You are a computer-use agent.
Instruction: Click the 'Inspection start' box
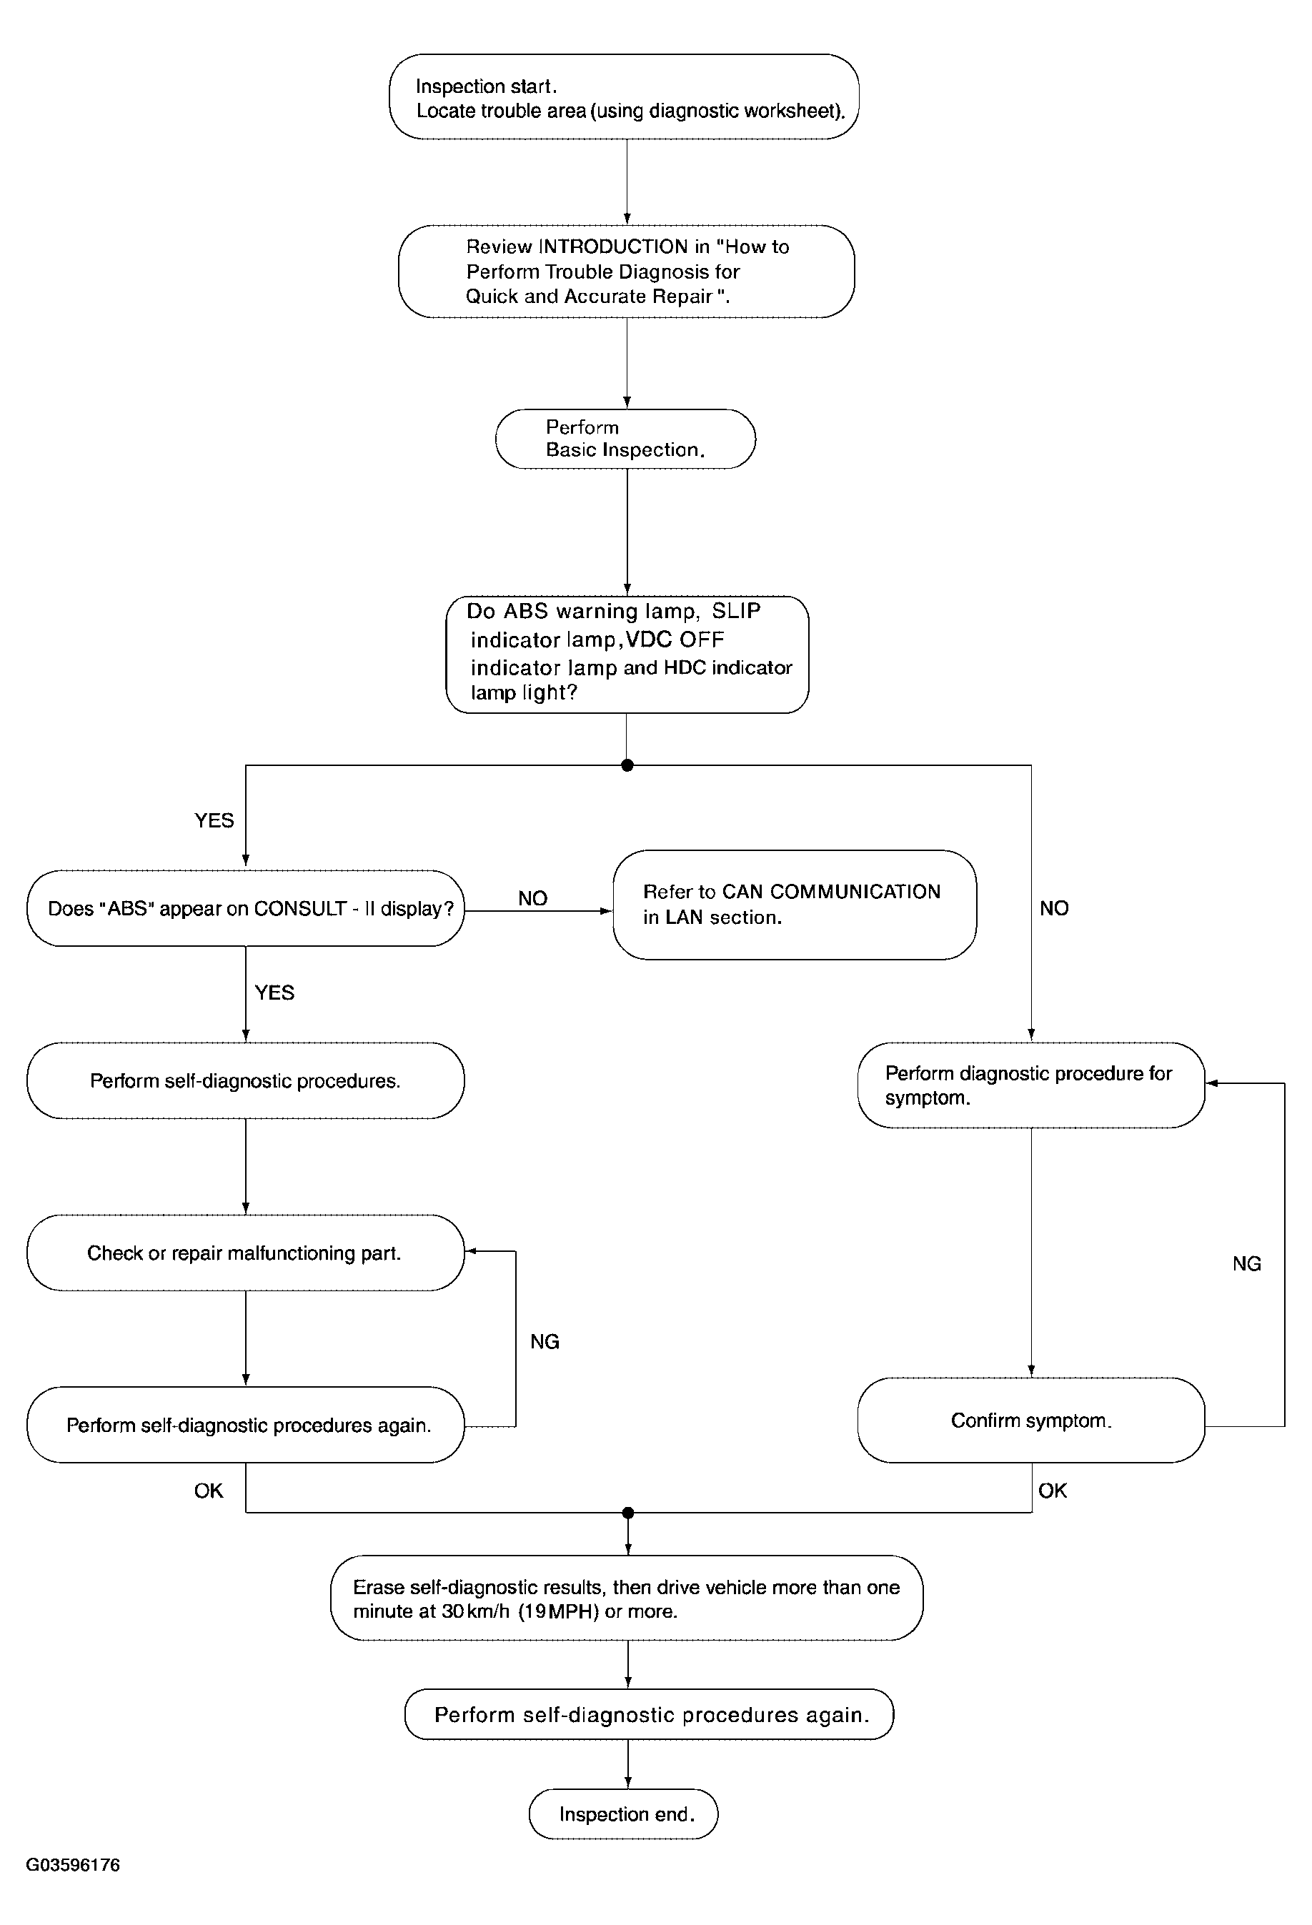pyautogui.click(x=624, y=97)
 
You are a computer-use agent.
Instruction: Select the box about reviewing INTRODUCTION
pyautogui.click(x=626, y=272)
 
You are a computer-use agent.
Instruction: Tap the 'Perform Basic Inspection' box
pyautogui.click(x=625, y=439)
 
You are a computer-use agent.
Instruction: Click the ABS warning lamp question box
pyautogui.click(x=627, y=655)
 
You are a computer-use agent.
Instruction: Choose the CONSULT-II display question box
pyautogui.click(x=245, y=909)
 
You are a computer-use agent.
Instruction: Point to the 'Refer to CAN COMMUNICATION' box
pyautogui.click(x=795, y=905)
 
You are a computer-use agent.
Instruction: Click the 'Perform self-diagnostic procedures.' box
pyautogui.click(x=245, y=1081)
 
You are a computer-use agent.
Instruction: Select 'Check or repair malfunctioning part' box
pyautogui.click(x=245, y=1253)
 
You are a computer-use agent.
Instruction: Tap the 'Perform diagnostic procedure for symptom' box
pyautogui.click(x=1031, y=1085)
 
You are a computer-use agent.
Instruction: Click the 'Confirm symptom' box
pyautogui.click(x=1031, y=1421)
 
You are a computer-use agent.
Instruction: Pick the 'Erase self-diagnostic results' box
pyautogui.click(x=626, y=1598)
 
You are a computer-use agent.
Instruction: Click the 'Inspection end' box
pyautogui.click(x=624, y=1814)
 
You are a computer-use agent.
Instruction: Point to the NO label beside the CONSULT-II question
pyautogui.click(x=532, y=899)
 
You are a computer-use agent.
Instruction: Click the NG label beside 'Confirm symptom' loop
pyautogui.click(x=1246, y=1264)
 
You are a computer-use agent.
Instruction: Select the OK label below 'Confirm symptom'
pyautogui.click(x=1053, y=1491)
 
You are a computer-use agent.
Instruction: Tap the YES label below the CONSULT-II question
pyautogui.click(x=274, y=993)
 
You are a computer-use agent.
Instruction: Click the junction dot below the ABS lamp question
pyautogui.click(x=627, y=765)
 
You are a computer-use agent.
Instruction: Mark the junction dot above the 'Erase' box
pyautogui.click(x=628, y=1513)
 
